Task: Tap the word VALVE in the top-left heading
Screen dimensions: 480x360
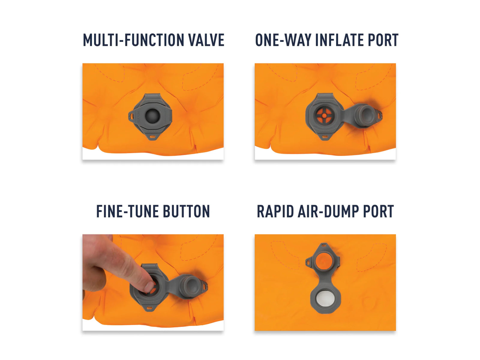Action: [x=206, y=40]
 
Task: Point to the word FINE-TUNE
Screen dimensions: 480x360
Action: [x=127, y=211]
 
